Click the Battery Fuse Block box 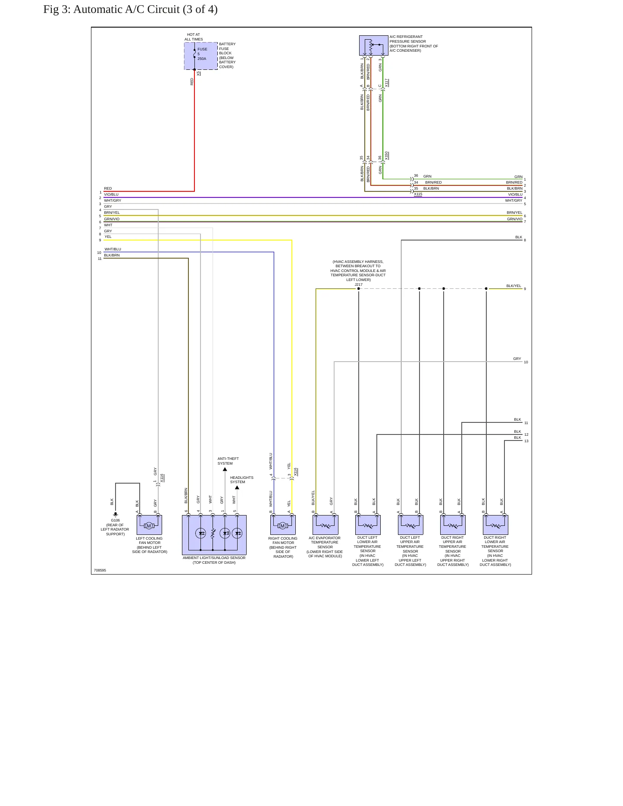click(x=201, y=56)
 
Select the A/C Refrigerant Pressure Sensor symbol click(x=373, y=45)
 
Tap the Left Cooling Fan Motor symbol click(x=149, y=525)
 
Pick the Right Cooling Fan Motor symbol click(x=283, y=525)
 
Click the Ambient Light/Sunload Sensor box click(x=214, y=535)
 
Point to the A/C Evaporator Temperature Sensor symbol click(x=326, y=525)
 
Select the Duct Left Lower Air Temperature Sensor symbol click(x=368, y=525)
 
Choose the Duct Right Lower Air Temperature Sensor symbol click(x=495, y=525)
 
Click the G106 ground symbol click(x=116, y=514)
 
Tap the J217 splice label click(x=359, y=284)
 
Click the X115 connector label click(x=418, y=194)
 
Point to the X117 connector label click(x=387, y=83)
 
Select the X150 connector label click(x=387, y=156)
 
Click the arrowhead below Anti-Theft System click(x=225, y=469)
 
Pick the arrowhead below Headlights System click(x=237, y=487)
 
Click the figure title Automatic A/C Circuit click(x=145, y=9)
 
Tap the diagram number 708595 click(x=100, y=570)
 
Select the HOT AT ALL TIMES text click(x=194, y=37)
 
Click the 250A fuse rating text click(x=202, y=59)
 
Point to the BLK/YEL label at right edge click(x=514, y=286)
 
